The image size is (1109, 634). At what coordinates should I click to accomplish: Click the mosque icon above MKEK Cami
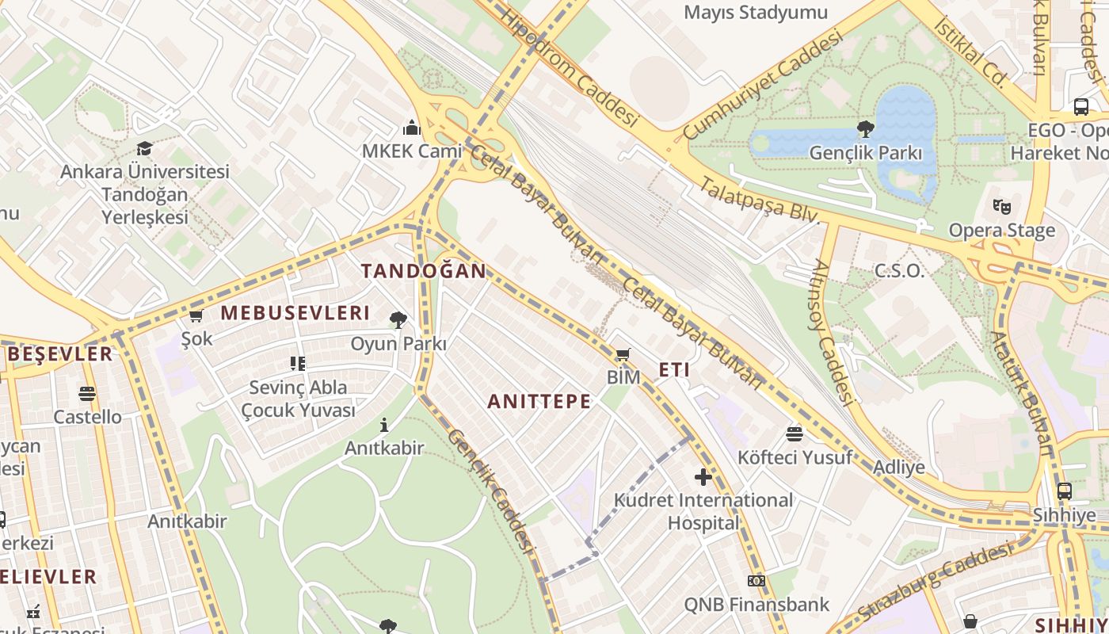click(411, 127)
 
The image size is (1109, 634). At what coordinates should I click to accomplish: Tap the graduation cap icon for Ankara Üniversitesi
click(144, 148)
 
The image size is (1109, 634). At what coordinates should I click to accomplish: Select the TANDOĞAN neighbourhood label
click(424, 271)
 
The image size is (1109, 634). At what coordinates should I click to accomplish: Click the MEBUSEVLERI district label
click(295, 313)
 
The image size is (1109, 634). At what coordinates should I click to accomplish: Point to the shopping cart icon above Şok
click(196, 316)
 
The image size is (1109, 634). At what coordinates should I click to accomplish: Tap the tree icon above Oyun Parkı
click(398, 320)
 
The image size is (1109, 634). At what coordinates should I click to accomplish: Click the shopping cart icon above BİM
click(623, 354)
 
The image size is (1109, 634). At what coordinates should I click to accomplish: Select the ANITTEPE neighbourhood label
click(539, 402)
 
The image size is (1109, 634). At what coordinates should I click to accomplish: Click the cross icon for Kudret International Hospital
click(703, 476)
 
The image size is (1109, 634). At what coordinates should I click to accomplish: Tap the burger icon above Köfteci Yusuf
click(795, 433)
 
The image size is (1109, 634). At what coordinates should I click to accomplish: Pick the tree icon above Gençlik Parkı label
click(866, 129)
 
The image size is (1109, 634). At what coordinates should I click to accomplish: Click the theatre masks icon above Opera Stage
click(1002, 207)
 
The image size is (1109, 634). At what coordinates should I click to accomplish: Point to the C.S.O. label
click(899, 271)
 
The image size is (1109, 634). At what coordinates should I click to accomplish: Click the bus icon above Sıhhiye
click(1064, 491)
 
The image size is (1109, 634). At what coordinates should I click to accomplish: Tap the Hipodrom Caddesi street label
click(569, 68)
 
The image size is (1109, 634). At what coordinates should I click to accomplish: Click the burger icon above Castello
click(87, 394)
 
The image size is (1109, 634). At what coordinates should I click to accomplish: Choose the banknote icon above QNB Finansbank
click(756, 581)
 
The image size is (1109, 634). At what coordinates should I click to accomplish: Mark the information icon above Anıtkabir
click(384, 426)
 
